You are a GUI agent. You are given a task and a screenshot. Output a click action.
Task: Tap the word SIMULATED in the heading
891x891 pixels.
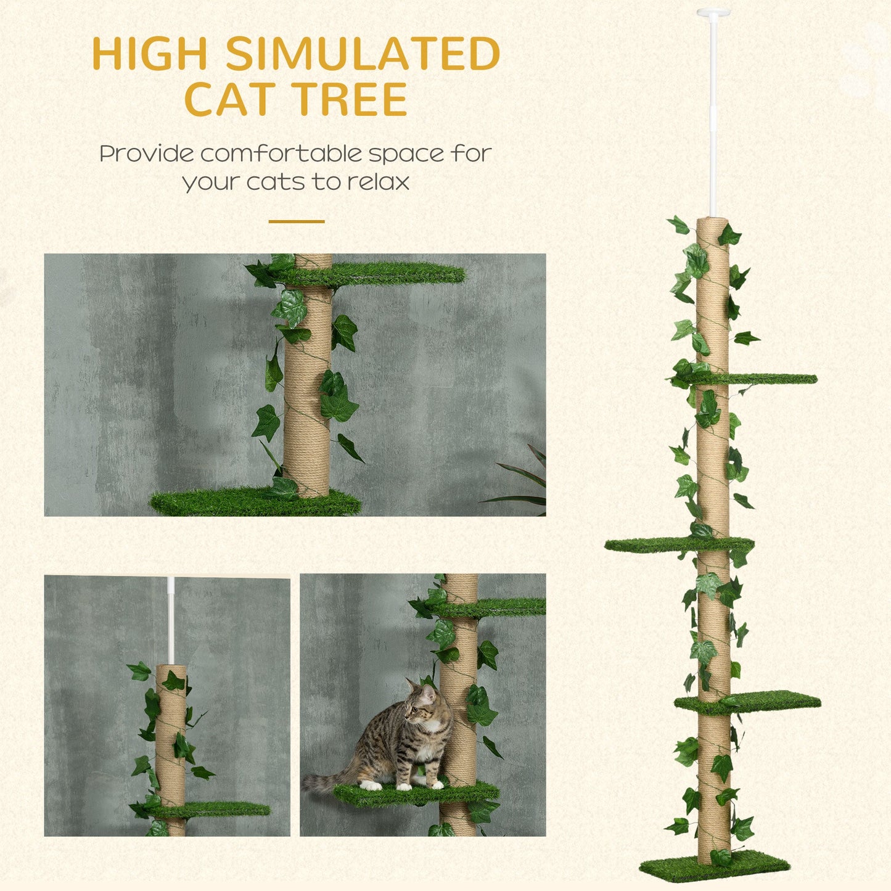click(x=363, y=54)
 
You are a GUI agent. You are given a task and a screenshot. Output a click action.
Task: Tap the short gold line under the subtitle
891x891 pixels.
click(x=296, y=221)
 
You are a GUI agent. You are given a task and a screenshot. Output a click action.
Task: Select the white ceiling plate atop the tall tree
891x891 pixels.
click(x=713, y=12)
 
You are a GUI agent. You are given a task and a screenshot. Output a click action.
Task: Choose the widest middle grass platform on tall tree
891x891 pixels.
click(x=678, y=544)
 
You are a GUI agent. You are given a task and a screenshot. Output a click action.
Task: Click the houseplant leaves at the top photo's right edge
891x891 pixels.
click(x=527, y=481)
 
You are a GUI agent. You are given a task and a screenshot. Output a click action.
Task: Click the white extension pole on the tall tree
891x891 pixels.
click(x=713, y=117)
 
